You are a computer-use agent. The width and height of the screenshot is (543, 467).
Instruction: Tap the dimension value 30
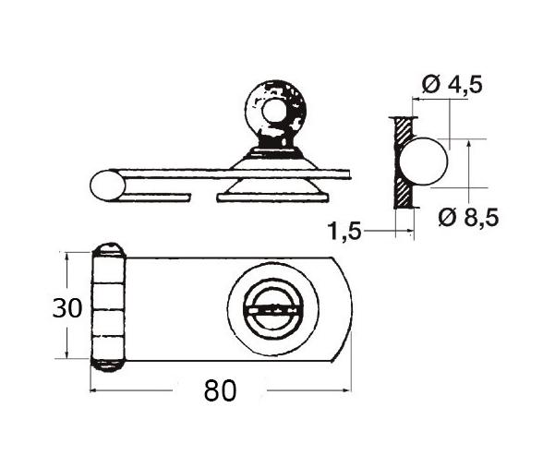coord(67,307)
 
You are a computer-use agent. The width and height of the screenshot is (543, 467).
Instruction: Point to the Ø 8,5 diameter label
coord(470,217)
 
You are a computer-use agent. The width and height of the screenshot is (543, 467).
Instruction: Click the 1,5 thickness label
coord(344,231)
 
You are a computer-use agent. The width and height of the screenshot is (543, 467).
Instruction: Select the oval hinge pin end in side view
coord(107,186)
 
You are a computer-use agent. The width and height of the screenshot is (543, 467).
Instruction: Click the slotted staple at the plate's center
coord(273,309)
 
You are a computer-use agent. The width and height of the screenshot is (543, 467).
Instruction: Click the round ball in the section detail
coord(427,162)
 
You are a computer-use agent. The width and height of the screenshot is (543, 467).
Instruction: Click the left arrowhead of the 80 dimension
coord(95,391)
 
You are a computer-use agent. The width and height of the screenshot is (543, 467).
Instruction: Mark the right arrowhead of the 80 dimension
coord(348,391)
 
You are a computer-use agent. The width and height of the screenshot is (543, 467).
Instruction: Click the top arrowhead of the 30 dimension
coord(67,256)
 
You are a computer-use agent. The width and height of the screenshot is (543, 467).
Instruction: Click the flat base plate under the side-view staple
coord(273,196)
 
